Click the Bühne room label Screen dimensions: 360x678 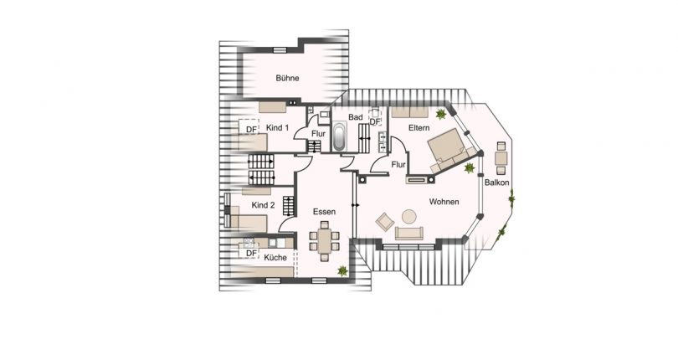pos(287,79)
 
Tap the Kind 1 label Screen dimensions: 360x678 pos(277,127)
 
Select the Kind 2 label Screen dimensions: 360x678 pos(263,205)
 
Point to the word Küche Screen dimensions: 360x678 pos(275,257)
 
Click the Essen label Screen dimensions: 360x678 pos(324,213)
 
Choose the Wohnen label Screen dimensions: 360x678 pos(444,202)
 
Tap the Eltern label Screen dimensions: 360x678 pos(419,127)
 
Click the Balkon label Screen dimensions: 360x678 pos(495,183)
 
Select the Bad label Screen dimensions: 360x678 pos(356,117)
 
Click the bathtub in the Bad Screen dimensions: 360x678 pos(340,137)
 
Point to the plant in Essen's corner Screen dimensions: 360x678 pos(343,270)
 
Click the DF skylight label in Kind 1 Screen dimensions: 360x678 pos(250,128)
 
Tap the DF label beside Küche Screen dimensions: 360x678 pos(249,252)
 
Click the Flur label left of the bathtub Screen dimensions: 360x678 pos(318,133)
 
